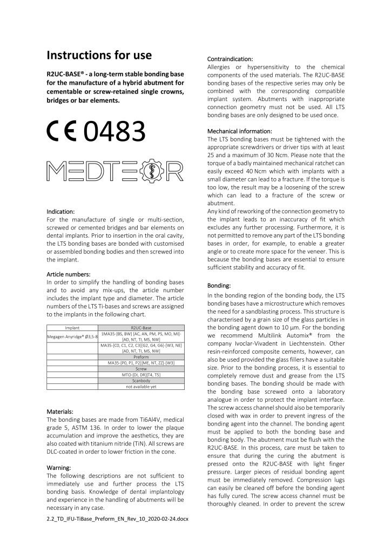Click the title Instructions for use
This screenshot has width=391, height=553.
(x=99, y=55)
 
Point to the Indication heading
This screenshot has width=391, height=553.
(x=60, y=212)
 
